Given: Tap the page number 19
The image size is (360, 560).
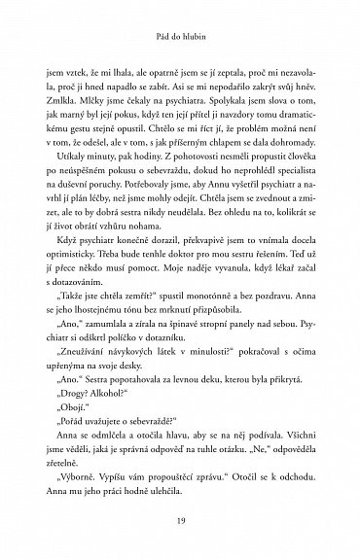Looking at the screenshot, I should click(x=180, y=523).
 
